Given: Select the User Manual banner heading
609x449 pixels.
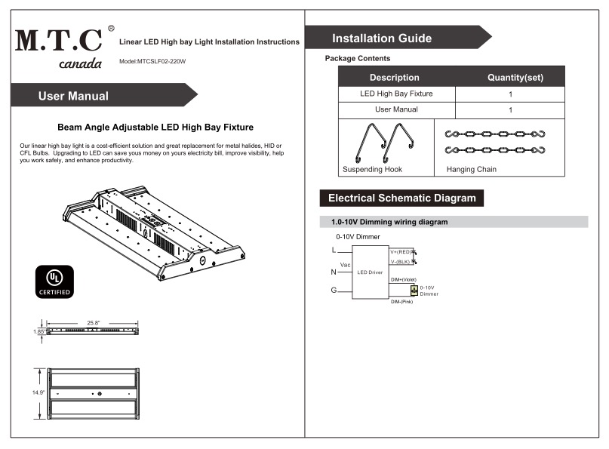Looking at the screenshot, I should click(73, 96).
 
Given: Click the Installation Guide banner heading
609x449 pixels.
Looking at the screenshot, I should click(382, 38).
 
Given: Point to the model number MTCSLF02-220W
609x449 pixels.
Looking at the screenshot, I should click(152, 60).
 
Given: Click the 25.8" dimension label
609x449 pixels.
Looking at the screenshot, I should click(93, 323).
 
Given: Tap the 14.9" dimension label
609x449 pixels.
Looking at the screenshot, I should click(38, 393).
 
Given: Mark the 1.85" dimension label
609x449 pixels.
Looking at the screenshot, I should click(38, 331).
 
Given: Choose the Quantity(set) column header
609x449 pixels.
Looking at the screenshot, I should click(515, 78).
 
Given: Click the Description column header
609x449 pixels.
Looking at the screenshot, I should click(394, 78).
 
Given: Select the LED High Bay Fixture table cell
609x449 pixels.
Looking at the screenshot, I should click(396, 94).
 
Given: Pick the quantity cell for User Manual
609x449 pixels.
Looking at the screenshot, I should click(511, 110).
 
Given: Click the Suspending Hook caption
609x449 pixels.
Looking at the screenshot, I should click(372, 170).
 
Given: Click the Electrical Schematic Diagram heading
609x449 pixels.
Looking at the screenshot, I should click(401, 198).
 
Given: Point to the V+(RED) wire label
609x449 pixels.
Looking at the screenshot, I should click(400, 251).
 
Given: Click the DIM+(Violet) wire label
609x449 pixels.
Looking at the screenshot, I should click(404, 279).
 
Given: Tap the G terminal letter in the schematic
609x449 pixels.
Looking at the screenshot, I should click(334, 291).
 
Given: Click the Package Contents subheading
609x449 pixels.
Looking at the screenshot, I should click(357, 58).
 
